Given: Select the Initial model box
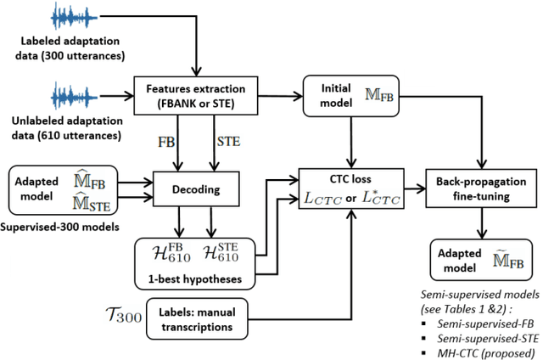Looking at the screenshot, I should click(x=350, y=93).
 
